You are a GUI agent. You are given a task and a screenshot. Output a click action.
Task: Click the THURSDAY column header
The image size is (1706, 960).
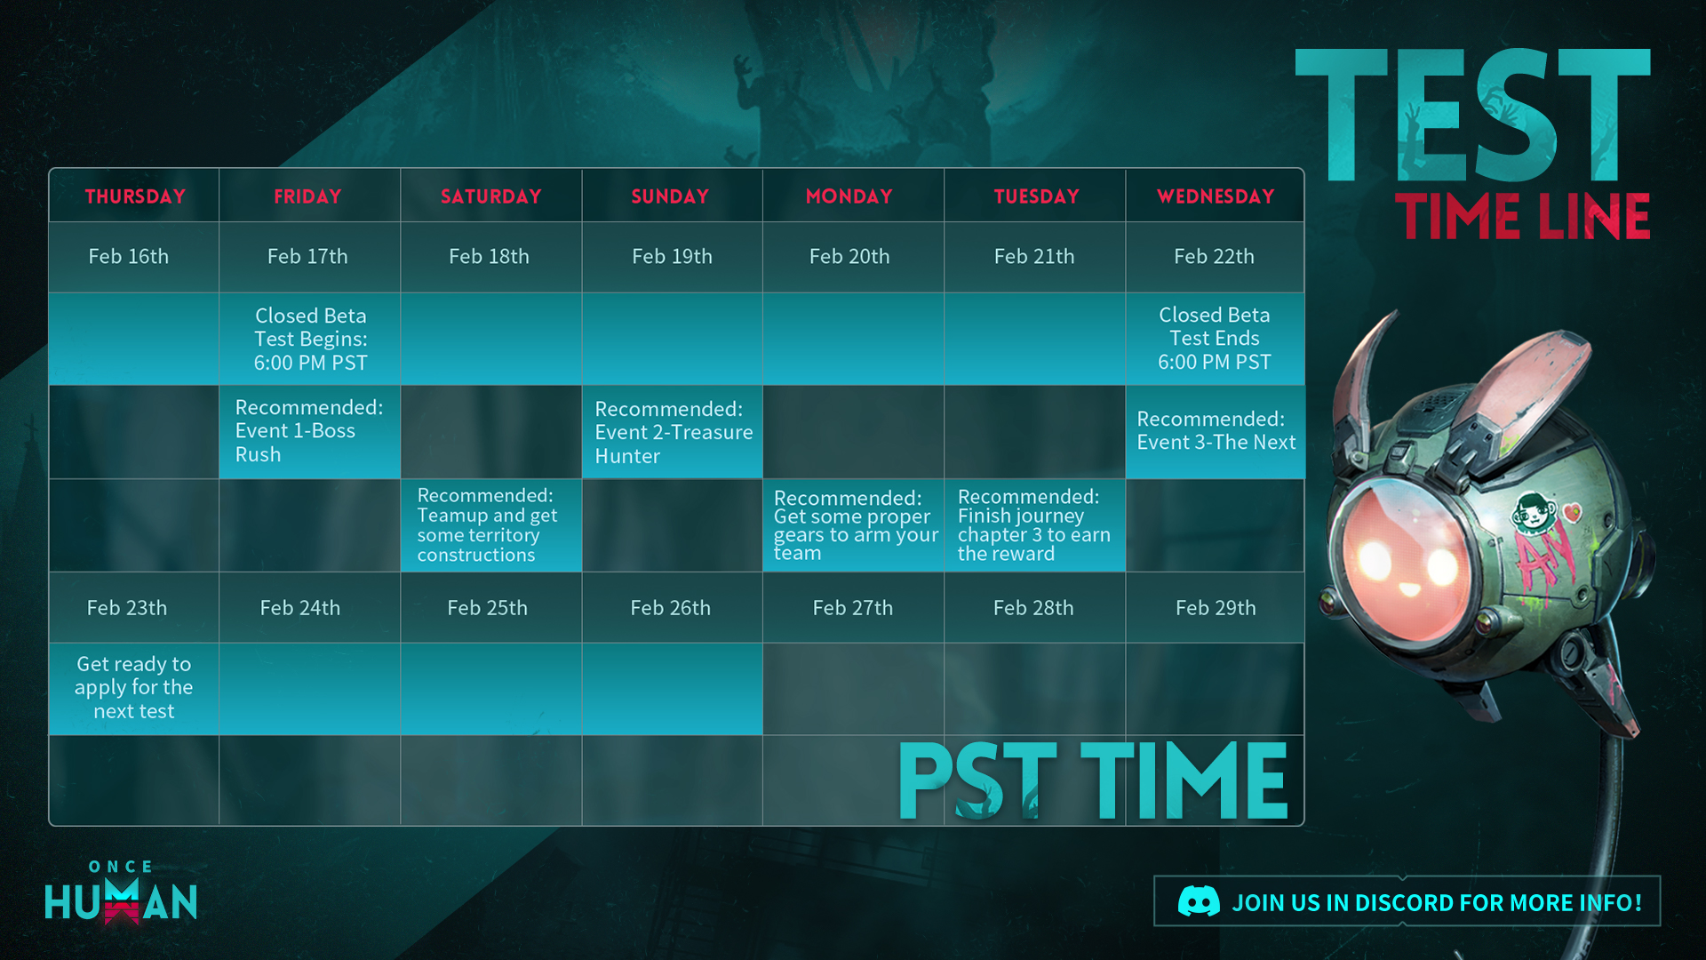[x=135, y=196]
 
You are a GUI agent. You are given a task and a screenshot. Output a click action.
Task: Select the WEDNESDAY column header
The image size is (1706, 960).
[x=1216, y=196]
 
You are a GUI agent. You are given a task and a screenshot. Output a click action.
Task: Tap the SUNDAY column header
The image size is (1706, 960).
[x=670, y=196]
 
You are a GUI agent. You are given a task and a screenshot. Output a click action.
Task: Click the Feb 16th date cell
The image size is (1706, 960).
[x=129, y=257]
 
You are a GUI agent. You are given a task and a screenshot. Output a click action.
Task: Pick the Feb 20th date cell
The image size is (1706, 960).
[x=849, y=257]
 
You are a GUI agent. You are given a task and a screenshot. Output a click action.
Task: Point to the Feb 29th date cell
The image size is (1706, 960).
[x=1216, y=608]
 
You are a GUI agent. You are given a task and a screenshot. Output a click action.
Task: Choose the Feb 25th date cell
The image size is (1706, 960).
[x=488, y=608]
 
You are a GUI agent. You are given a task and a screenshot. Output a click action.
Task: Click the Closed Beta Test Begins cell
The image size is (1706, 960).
[x=310, y=340]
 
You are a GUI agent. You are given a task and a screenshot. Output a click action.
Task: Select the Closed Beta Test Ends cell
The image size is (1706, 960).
[x=1215, y=339]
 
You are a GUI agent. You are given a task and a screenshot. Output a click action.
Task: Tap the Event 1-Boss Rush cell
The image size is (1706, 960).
[x=310, y=432]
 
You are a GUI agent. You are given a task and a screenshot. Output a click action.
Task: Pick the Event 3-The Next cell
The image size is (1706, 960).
[x=1216, y=431]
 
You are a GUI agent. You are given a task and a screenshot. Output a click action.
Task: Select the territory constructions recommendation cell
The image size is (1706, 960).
[x=491, y=525]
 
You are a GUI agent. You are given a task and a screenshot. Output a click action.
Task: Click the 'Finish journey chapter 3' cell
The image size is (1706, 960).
[x=1034, y=525]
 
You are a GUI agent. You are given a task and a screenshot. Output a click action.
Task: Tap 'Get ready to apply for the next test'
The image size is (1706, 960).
[x=134, y=688]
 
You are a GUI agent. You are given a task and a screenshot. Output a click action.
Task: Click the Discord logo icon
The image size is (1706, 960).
[x=1199, y=902]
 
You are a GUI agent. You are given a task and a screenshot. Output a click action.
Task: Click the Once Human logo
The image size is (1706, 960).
[x=121, y=892]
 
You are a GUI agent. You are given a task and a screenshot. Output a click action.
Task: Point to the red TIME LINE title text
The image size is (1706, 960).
[x=1523, y=217]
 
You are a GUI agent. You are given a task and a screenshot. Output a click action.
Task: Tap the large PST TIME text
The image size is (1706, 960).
[x=1093, y=781]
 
